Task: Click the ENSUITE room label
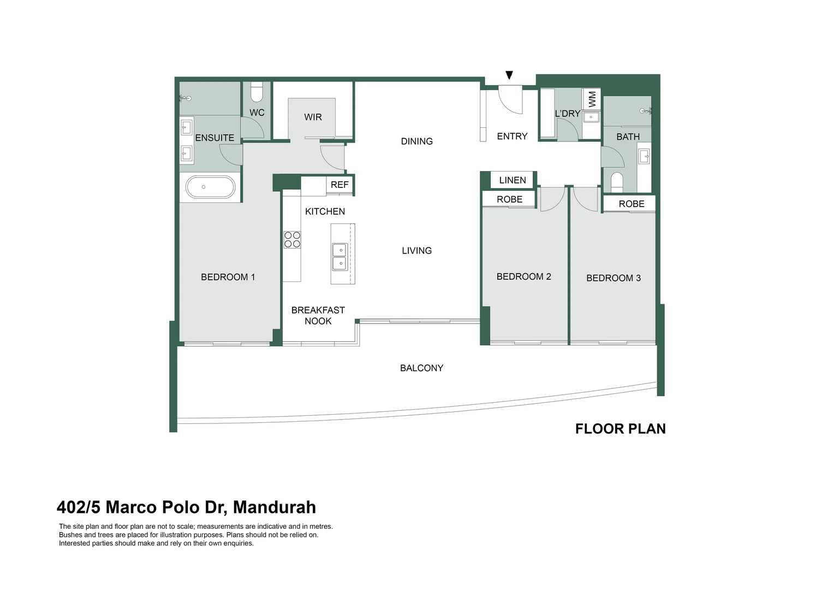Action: tap(215, 138)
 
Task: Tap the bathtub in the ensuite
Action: tap(210, 187)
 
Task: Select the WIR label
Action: tap(313, 117)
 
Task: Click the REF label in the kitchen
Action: tap(339, 185)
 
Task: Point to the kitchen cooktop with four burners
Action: tap(292, 240)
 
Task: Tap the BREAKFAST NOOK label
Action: tap(318, 316)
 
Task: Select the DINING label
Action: tap(416, 141)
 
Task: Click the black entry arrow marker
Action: tap(509, 75)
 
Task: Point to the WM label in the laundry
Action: tap(592, 99)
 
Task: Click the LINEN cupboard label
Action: tap(513, 180)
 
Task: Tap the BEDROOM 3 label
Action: tap(613, 278)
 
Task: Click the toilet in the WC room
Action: tap(257, 92)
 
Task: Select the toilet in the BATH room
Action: tap(617, 181)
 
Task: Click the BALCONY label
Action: tap(421, 368)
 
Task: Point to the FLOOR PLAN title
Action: tap(620, 429)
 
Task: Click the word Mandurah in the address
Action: tap(275, 508)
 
